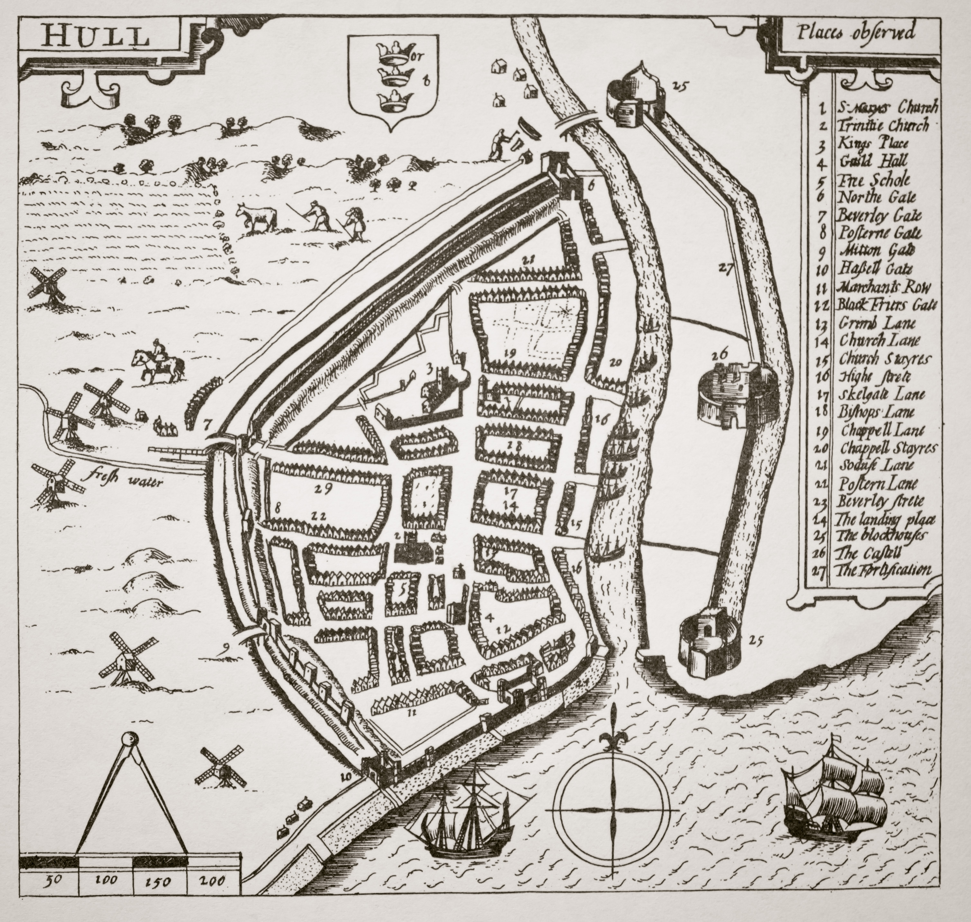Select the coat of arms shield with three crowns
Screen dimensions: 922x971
coord(391,81)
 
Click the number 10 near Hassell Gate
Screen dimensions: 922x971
coord(346,776)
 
